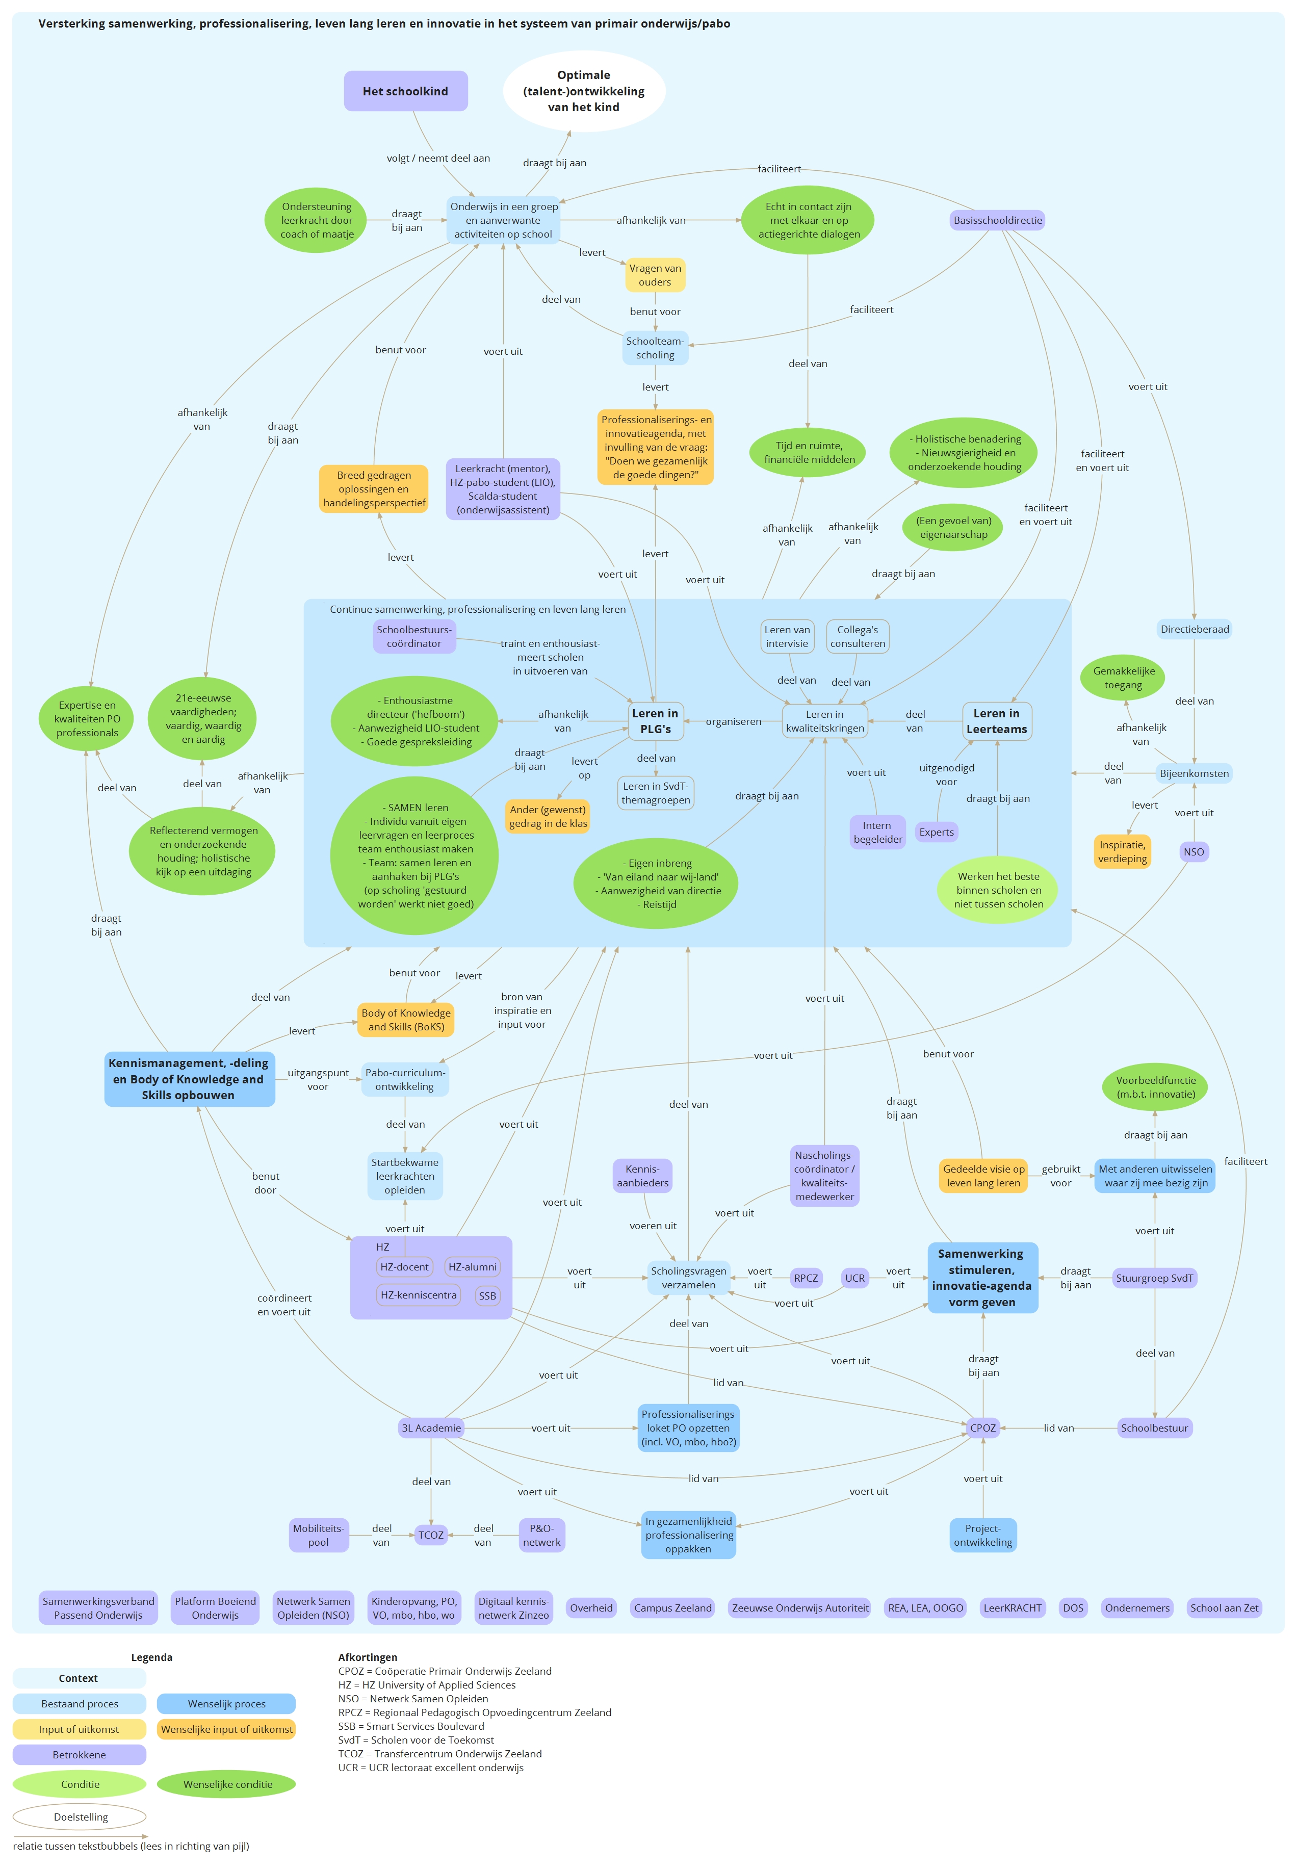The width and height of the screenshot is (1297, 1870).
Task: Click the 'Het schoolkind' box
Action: (x=405, y=91)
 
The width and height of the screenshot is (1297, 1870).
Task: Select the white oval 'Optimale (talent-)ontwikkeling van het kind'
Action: (x=583, y=91)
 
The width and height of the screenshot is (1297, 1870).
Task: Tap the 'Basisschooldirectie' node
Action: (x=997, y=220)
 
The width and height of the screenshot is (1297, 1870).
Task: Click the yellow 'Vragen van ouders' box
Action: (x=655, y=275)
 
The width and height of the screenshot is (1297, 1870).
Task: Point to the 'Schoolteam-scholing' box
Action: (x=655, y=348)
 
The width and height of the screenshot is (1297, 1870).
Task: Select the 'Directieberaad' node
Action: (x=1194, y=629)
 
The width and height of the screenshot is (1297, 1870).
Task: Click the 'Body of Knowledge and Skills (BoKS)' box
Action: (x=405, y=1020)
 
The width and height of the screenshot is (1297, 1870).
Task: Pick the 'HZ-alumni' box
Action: (x=472, y=1267)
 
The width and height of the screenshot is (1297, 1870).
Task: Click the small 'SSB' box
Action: (x=487, y=1295)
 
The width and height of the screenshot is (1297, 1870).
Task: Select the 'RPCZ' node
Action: (x=806, y=1279)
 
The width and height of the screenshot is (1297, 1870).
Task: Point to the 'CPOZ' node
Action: (x=982, y=1428)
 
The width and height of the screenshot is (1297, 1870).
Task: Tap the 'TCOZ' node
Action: (x=431, y=1535)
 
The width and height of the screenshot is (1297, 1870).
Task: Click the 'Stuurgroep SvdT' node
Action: (x=1154, y=1279)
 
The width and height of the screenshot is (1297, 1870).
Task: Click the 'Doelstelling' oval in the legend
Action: (x=81, y=1816)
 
